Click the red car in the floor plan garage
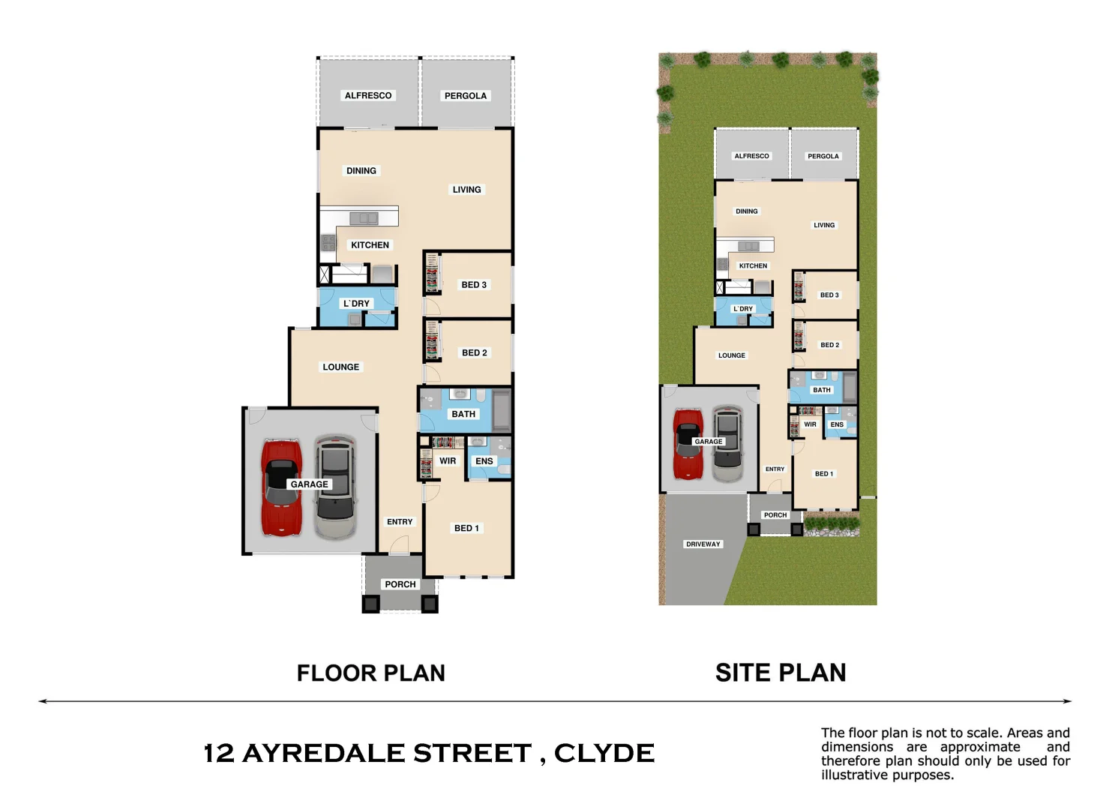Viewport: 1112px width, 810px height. click(x=281, y=487)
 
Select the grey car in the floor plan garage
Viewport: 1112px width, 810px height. click(x=334, y=487)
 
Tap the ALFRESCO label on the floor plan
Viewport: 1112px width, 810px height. click(x=367, y=95)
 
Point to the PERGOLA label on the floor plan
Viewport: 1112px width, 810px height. click(x=465, y=95)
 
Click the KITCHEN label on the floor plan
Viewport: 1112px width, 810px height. click(x=370, y=244)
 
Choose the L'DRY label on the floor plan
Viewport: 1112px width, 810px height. click(x=356, y=304)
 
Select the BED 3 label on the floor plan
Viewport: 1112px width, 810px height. click(x=474, y=285)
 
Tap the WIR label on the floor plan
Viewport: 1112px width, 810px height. click(x=448, y=461)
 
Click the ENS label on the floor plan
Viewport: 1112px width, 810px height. click(x=484, y=461)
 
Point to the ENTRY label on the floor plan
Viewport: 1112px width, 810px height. click(x=400, y=522)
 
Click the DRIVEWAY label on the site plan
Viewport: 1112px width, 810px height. click(x=703, y=544)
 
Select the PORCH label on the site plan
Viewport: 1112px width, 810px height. click(x=775, y=515)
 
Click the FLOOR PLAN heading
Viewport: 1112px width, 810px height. click(x=370, y=673)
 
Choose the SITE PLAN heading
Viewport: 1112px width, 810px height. click(x=781, y=673)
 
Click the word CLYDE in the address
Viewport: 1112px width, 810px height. click(x=604, y=753)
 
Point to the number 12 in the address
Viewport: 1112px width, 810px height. click(x=219, y=753)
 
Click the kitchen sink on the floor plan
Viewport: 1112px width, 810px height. click(x=364, y=218)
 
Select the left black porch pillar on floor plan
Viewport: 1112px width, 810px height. click(x=371, y=604)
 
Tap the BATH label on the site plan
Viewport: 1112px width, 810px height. click(x=822, y=390)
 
